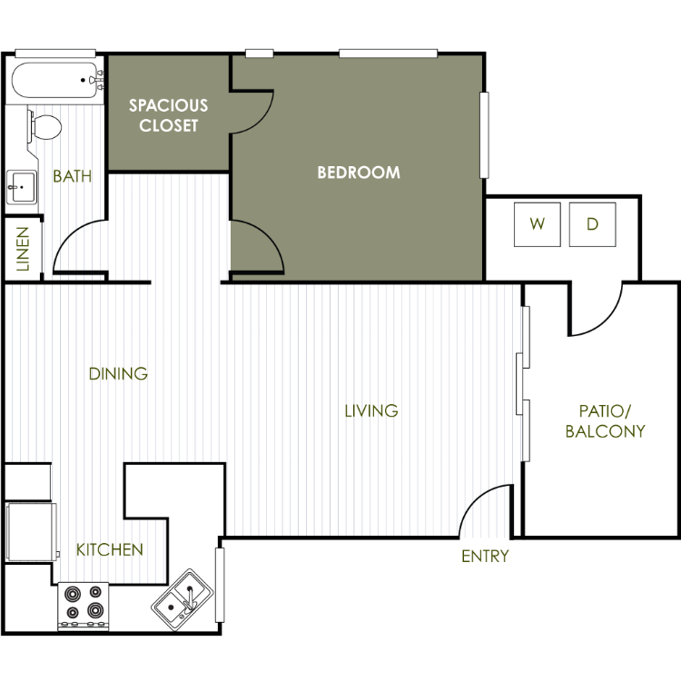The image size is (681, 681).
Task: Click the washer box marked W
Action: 538,224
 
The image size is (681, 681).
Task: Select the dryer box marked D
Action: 592,224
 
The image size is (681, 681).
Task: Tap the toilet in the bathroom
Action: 44,127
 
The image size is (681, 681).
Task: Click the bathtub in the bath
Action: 55,80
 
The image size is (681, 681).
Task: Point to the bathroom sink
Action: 22,187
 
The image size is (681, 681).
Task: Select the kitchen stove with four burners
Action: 84,607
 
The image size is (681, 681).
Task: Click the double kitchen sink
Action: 183,599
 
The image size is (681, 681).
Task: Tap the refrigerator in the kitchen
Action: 31,531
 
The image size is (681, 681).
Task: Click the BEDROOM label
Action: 359,173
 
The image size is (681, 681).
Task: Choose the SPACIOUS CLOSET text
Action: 169,115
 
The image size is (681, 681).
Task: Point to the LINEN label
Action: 23,249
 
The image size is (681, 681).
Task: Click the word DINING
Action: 118,373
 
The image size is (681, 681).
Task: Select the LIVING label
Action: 371,410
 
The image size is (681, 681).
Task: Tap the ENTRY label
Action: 485,556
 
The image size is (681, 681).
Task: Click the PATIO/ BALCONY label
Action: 605,420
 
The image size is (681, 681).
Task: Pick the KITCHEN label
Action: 110,550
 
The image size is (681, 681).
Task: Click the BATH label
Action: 72,176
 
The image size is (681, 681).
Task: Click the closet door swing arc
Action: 262,122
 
